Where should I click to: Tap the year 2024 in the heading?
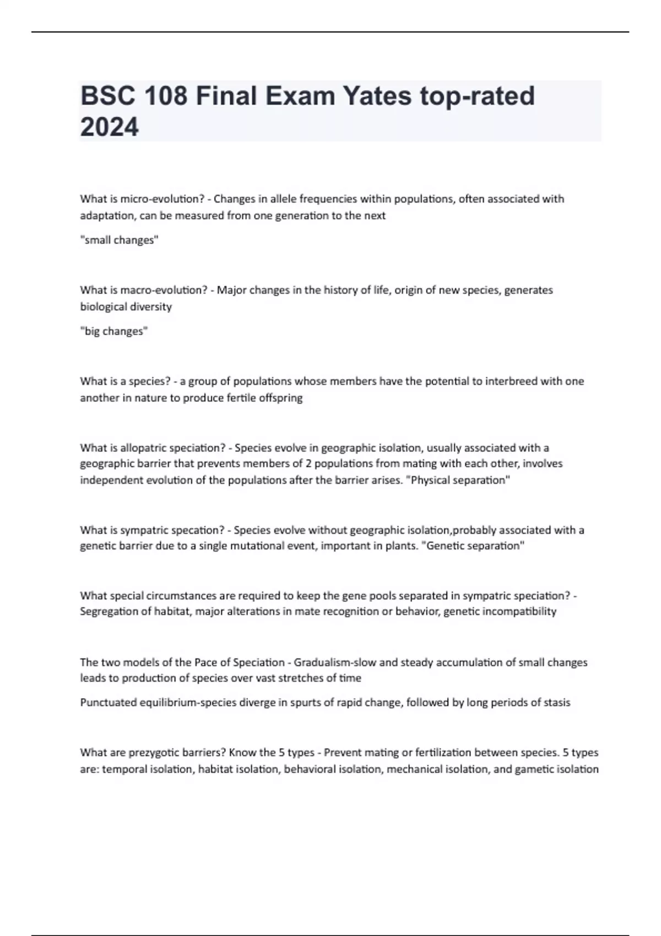(110, 127)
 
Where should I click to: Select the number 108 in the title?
(165, 96)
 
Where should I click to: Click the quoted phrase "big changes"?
(114, 331)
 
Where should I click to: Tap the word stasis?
(555, 703)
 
